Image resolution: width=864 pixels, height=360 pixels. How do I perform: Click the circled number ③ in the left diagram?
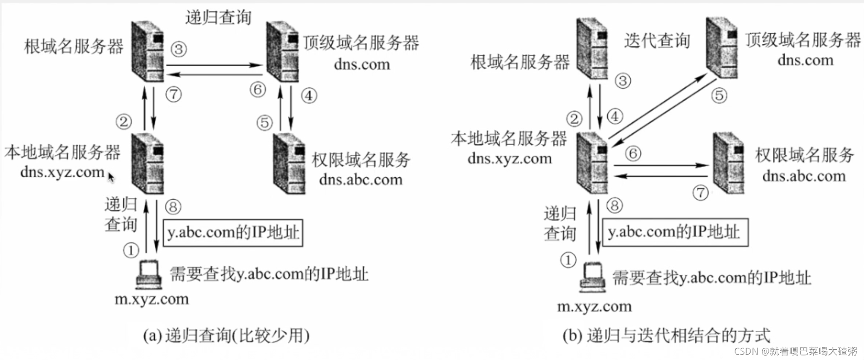(179, 49)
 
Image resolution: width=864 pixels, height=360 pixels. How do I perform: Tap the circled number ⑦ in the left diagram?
(173, 94)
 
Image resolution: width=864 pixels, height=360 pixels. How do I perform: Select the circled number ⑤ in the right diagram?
(719, 95)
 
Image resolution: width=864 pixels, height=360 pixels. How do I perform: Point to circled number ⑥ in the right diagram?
(633, 154)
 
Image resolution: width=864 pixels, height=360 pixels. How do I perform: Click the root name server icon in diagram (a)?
(148, 51)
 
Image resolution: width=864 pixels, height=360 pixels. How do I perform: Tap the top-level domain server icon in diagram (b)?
(722, 48)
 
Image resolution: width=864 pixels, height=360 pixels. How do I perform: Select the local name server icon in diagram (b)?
(592, 163)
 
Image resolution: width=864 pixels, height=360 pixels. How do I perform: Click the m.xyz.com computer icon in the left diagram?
(149, 275)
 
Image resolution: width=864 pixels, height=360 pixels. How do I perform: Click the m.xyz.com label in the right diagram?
(594, 306)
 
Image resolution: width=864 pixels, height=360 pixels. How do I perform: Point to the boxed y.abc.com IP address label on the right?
(675, 232)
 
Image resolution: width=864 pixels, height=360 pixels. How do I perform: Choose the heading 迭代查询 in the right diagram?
(657, 41)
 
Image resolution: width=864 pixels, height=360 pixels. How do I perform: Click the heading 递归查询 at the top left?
(218, 18)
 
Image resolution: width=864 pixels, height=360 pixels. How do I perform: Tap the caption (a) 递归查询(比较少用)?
(226, 336)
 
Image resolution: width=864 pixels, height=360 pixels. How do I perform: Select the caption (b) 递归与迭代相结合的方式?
(666, 336)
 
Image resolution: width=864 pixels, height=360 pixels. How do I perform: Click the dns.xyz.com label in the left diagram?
(62, 172)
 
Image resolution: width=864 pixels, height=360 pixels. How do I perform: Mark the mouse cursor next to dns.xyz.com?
(111, 176)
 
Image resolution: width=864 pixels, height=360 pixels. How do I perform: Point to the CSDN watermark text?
(795, 351)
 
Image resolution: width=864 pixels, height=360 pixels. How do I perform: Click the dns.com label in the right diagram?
(805, 60)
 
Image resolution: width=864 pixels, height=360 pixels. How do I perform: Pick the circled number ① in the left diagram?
(131, 250)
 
